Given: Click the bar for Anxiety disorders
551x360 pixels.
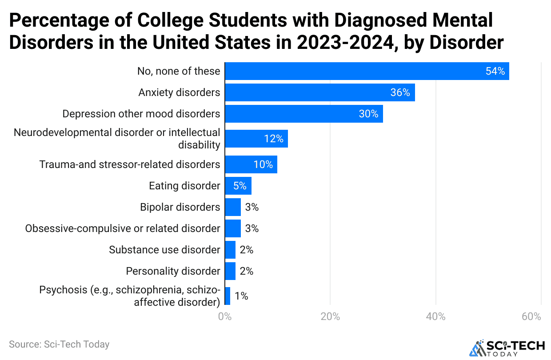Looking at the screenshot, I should pyautogui.click(x=320, y=92).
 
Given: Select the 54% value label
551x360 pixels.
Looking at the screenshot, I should pyautogui.click(x=495, y=71).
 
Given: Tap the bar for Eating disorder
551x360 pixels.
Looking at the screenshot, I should pyautogui.click(x=238, y=186).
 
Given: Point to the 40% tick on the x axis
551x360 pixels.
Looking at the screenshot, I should pyautogui.click(x=435, y=317).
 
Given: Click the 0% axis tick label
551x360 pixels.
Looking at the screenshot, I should pyautogui.click(x=225, y=317).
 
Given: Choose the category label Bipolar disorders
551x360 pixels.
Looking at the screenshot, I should pyautogui.click(x=180, y=207).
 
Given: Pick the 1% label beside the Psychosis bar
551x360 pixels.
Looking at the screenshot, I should pyautogui.click(x=241, y=296).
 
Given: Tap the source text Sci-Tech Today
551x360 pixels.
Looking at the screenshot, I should pyautogui.click(x=59, y=344).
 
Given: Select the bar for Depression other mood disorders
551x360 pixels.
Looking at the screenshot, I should pyautogui.click(x=304, y=114).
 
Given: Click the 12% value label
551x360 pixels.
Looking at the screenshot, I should pyautogui.click(x=274, y=139).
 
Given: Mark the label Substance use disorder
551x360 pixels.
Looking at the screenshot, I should pyautogui.click(x=164, y=250).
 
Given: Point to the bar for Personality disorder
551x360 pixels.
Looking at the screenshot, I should pyautogui.click(x=230, y=271).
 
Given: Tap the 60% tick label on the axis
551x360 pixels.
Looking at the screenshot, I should pyautogui.click(x=531, y=317).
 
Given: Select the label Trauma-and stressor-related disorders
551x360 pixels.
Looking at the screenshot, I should pyautogui.click(x=130, y=164).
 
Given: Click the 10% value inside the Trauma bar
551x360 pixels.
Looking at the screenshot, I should pyautogui.click(x=263, y=164).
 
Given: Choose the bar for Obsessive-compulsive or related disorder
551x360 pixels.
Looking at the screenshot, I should pyautogui.click(x=233, y=228).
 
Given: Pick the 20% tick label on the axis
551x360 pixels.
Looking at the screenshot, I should pyautogui.click(x=330, y=317).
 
